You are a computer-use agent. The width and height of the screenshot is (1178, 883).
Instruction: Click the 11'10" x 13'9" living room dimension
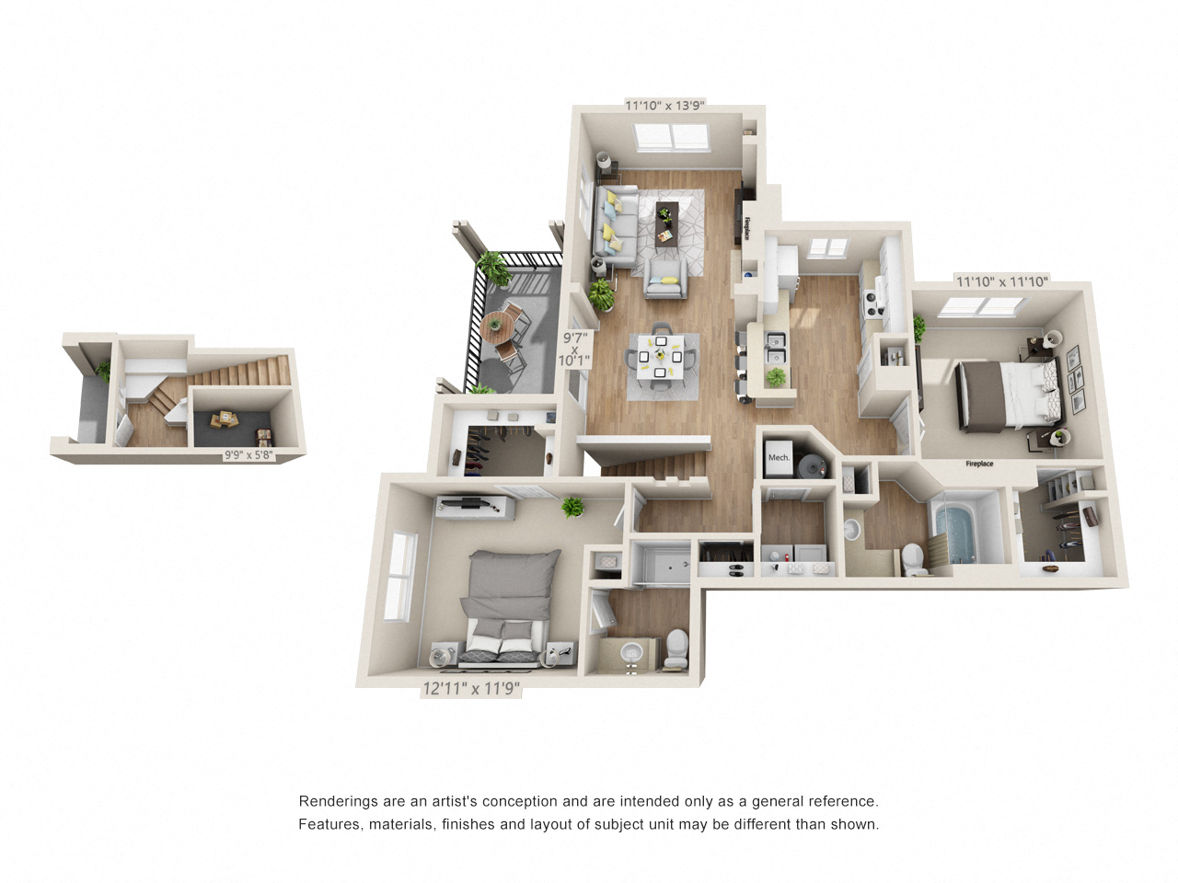[664, 105]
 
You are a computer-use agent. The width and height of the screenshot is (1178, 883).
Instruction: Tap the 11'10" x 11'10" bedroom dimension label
[1001, 281]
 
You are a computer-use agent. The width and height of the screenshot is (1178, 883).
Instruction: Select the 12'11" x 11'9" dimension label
[471, 688]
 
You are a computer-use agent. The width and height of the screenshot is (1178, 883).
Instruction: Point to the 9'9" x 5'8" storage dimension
[248, 455]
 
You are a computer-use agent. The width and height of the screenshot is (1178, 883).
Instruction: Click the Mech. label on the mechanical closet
[779, 457]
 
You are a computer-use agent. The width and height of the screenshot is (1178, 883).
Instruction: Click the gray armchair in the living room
[665, 279]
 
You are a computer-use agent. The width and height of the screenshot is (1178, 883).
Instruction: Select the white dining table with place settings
[661, 357]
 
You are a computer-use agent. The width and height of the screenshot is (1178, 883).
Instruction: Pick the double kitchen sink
[775, 348]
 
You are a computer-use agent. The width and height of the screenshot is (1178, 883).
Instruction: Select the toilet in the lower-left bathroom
[676, 648]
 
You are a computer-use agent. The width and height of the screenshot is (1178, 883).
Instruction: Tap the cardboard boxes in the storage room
[225, 419]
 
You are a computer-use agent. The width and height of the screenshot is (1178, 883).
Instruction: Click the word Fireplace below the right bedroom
[978, 464]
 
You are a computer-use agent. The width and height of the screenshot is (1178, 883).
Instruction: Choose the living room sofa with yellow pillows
[615, 226]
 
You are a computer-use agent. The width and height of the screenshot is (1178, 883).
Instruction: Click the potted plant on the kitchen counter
[774, 377]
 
